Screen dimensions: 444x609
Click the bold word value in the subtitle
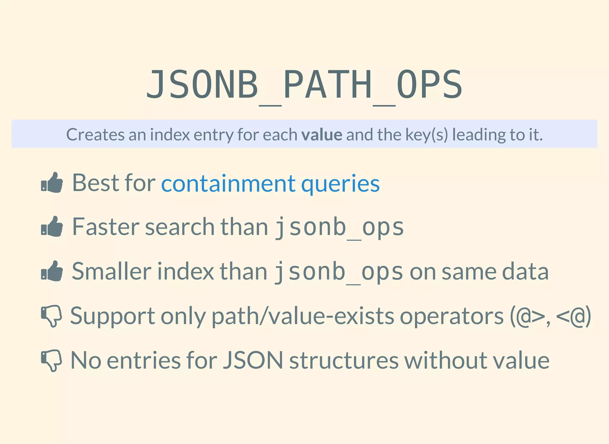coord(321,135)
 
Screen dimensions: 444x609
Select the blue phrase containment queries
coord(270,183)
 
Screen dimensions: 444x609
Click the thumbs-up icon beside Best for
coord(52,183)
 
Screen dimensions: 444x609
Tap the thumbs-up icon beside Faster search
coord(52,227)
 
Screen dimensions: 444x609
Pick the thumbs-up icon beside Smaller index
coord(52,271)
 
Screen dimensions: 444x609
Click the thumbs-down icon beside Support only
coord(51,316)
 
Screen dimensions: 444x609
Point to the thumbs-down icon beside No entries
coord(51,360)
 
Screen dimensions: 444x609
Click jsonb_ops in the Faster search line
coord(339,228)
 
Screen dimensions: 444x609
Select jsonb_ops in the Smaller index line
coord(338,272)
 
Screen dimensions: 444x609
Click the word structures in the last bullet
coord(343,360)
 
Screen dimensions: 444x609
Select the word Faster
coord(105,227)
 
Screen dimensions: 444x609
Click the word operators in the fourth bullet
coord(452,316)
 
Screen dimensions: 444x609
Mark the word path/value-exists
coord(303,316)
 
